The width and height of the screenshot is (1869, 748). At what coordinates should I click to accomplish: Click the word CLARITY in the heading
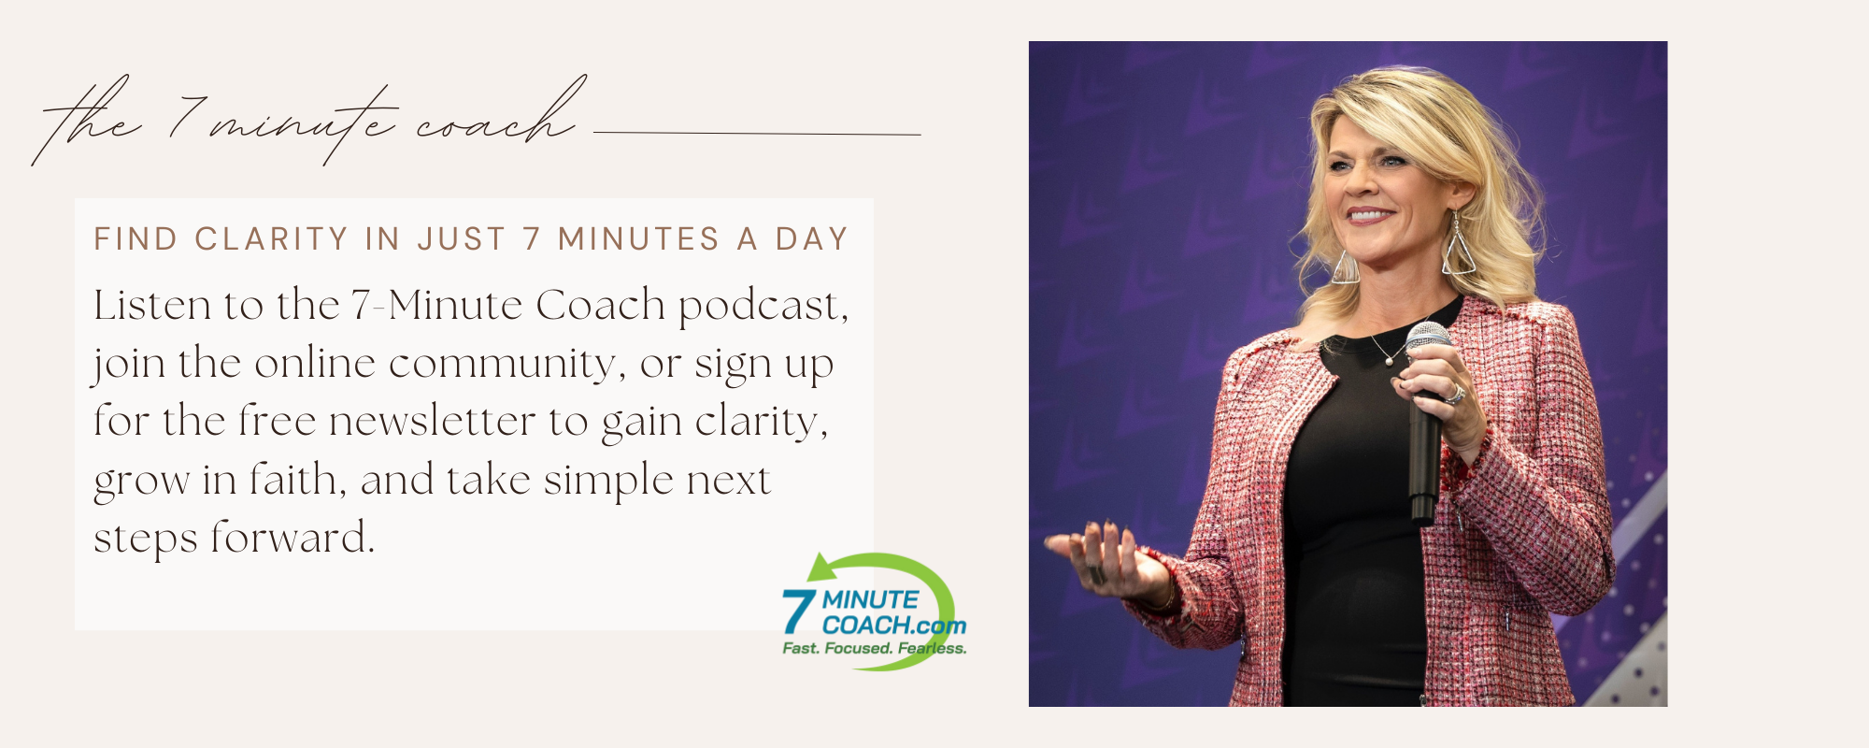271,239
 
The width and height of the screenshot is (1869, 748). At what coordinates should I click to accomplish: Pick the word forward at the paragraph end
292,538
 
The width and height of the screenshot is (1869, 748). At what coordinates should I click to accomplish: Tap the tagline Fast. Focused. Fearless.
875,648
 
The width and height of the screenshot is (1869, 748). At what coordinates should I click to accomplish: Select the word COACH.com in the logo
894,625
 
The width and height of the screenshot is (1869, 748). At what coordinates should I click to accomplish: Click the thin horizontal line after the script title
758,134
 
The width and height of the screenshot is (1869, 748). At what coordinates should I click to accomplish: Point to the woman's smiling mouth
1370,215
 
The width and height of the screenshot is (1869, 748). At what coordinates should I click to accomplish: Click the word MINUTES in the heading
639,239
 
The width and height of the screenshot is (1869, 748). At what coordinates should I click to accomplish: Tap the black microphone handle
1424,449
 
